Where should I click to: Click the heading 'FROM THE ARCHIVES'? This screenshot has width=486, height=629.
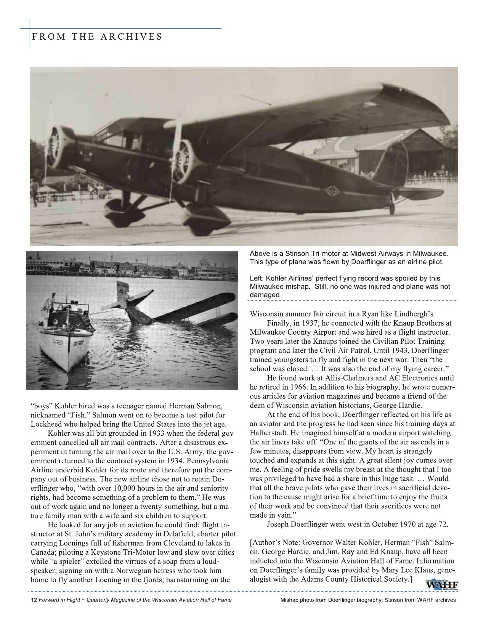(x=97, y=37)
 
